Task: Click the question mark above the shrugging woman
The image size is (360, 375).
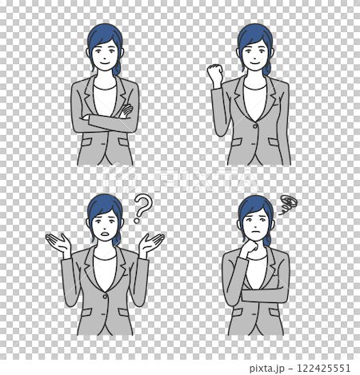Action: (142, 208)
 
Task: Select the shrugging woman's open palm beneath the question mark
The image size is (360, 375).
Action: (151, 242)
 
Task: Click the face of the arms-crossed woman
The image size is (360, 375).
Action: (105, 57)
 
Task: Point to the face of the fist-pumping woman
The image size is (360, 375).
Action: (254, 57)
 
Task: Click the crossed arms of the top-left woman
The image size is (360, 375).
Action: (105, 122)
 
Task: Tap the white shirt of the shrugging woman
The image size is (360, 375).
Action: (105, 272)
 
